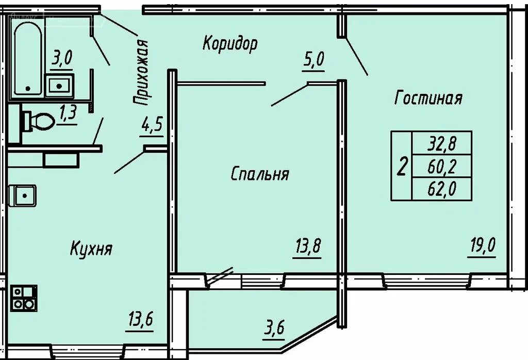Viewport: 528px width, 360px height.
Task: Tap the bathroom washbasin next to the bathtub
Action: click(59, 86)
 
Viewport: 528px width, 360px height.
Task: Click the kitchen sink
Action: click(22, 195)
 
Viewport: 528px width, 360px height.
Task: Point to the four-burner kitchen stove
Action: click(23, 298)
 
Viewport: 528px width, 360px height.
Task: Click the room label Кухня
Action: click(91, 250)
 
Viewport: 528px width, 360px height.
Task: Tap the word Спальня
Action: click(259, 174)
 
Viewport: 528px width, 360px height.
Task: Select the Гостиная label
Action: click(428, 98)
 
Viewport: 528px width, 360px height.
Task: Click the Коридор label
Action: click(229, 44)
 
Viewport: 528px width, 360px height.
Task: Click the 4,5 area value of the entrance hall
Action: click(152, 125)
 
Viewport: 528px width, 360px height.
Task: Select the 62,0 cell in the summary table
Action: click(441, 190)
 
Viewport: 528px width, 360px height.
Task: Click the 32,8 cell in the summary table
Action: click(441, 142)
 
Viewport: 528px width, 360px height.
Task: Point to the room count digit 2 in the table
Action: click(402, 166)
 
